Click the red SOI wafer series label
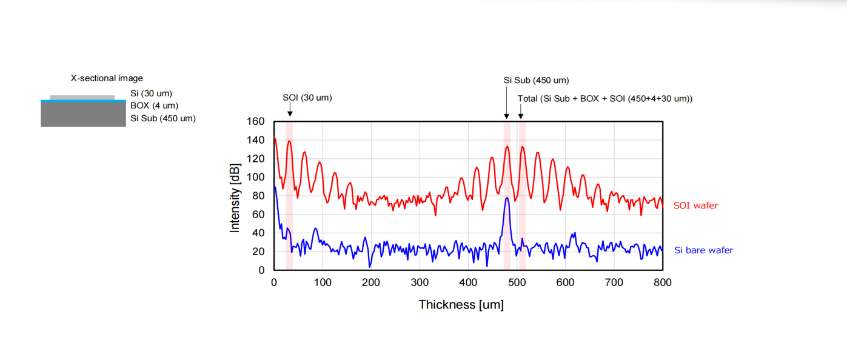tap(695, 205)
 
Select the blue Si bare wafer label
tap(703, 250)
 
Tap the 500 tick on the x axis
tap(517, 282)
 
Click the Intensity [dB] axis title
tap(235, 198)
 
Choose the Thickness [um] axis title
tap(461, 304)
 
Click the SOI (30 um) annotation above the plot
tap(307, 98)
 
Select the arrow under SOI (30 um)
tap(290, 110)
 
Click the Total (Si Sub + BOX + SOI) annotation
tap(604, 99)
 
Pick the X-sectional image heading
tap(107, 78)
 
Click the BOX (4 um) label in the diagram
tap(154, 105)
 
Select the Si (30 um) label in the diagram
tap(151, 93)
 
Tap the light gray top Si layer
tap(82, 97)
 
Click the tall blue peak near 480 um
tap(507, 199)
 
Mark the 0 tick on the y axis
tap(262, 270)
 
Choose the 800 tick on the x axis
tap(663, 282)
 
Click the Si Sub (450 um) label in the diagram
tap(163, 118)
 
